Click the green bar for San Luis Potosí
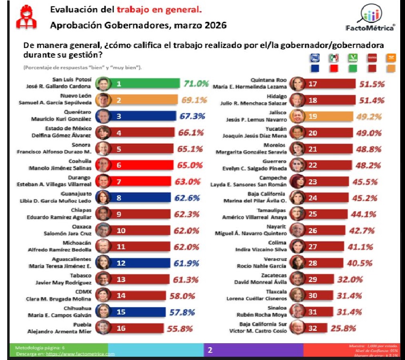144,84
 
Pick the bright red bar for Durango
140,181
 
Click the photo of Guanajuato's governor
102,197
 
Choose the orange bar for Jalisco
329,116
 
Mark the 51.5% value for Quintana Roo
372,84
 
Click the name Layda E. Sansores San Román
249,184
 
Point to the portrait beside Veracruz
297,262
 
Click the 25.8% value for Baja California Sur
343,328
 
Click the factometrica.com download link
80,354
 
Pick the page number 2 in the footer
209,351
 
